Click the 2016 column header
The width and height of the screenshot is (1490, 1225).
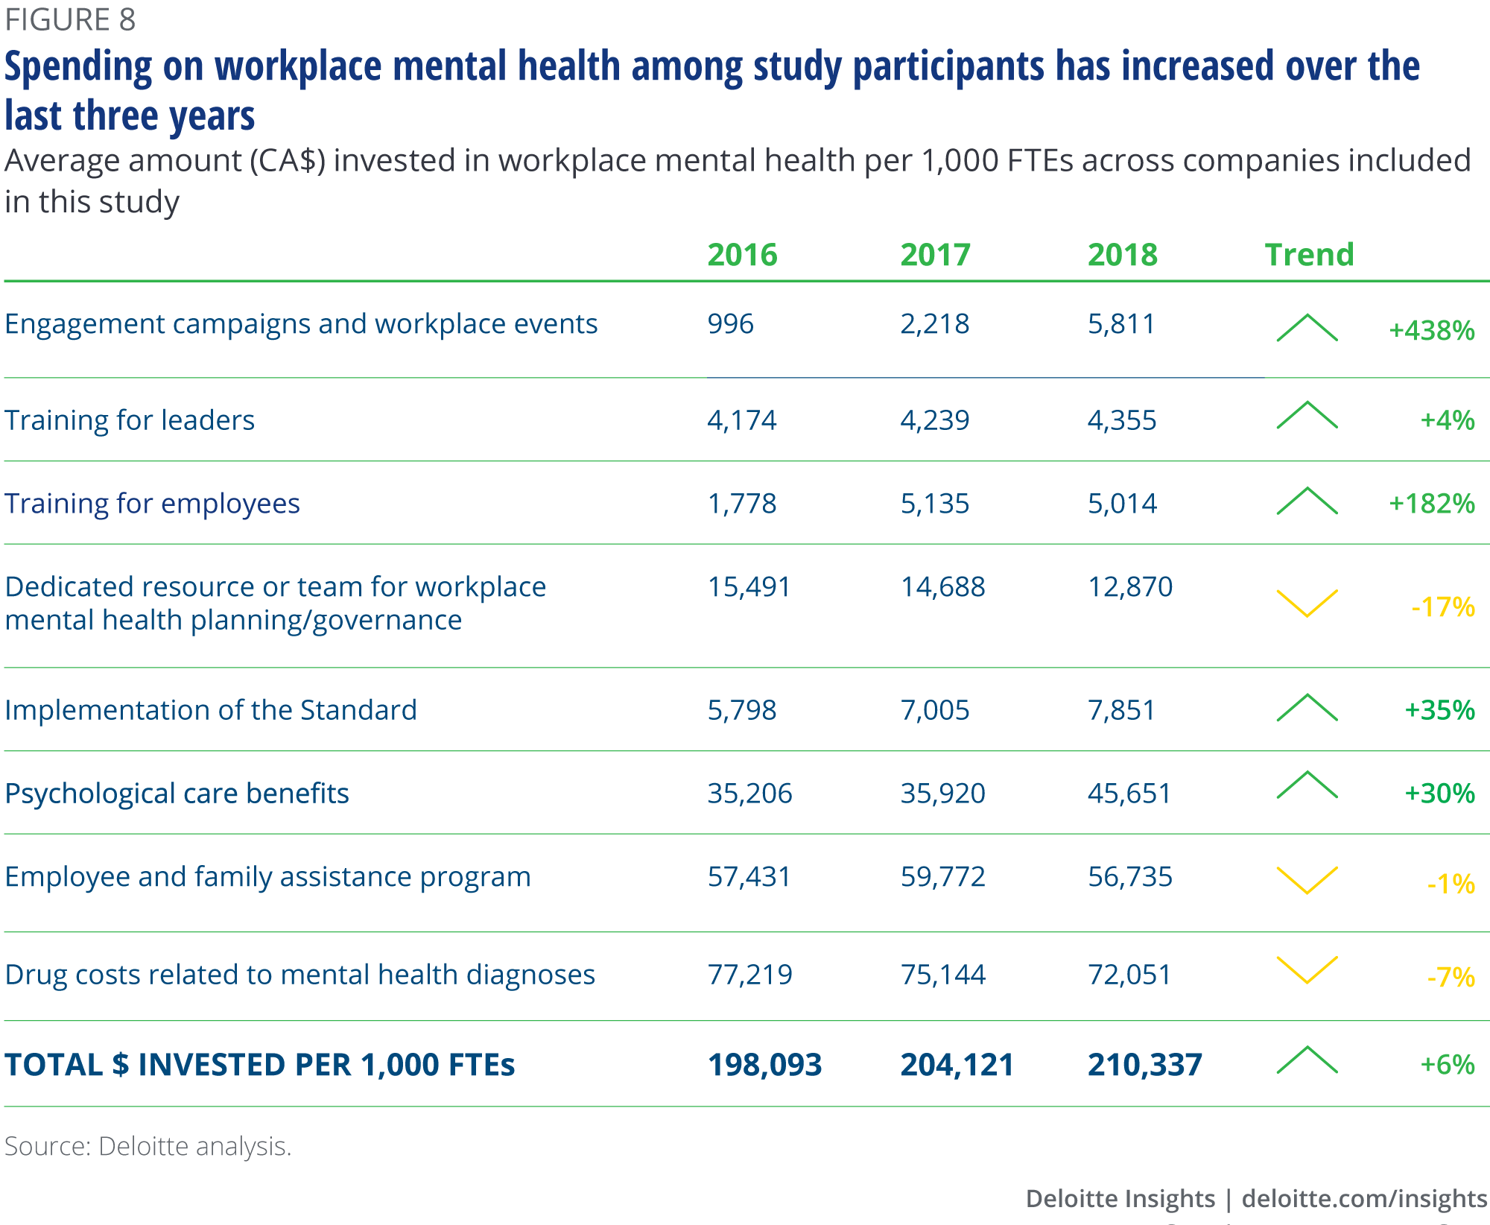point(742,255)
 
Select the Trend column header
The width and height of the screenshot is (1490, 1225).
point(1309,255)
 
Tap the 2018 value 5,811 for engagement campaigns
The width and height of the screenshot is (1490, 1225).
point(1121,324)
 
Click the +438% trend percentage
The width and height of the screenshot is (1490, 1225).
point(1431,331)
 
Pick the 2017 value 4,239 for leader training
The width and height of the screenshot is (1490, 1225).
point(934,420)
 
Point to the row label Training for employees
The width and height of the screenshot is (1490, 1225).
point(152,504)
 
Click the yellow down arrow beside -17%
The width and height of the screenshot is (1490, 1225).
point(1307,603)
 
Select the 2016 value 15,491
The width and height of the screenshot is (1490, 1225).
point(749,587)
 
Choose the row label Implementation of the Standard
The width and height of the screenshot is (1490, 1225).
point(211,710)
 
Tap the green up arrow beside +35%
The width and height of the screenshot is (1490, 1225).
point(1307,708)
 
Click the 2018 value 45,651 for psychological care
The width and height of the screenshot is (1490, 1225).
point(1129,794)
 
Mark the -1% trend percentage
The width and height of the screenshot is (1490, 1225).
point(1451,884)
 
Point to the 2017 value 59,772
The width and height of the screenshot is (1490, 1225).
point(942,877)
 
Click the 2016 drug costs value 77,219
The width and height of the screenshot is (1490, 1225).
point(749,975)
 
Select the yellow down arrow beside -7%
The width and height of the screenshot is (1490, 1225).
point(1307,969)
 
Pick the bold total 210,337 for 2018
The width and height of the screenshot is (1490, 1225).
point(1144,1065)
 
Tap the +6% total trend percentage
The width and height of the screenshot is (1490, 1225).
point(1447,1065)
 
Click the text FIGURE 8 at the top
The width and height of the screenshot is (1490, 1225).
point(70,20)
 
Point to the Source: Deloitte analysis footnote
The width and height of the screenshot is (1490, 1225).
point(148,1146)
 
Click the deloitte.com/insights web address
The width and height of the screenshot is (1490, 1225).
point(1364,1198)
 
